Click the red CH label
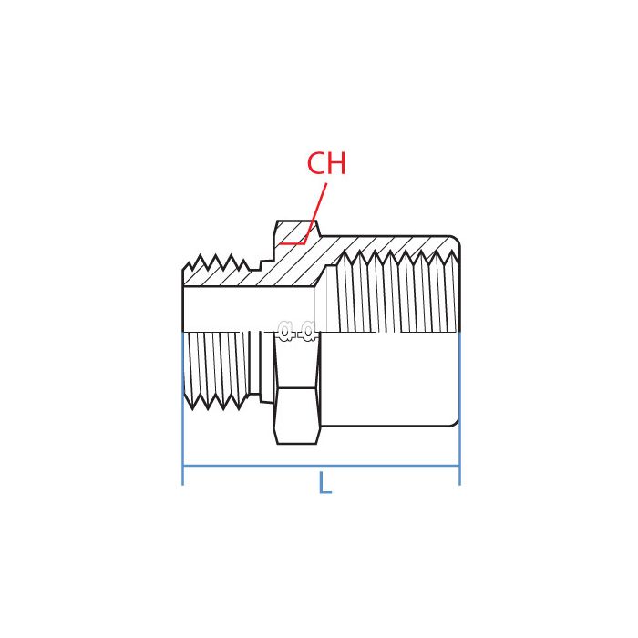click(x=326, y=164)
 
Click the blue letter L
click(x=324, y=484)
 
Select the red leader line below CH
click(x=315, y=213)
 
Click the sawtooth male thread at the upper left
click(x=216, y=264)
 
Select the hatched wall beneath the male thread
click(x=228, y=278)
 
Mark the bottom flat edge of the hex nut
click(x=297, y=444)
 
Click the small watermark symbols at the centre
click(x=297, y=331)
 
